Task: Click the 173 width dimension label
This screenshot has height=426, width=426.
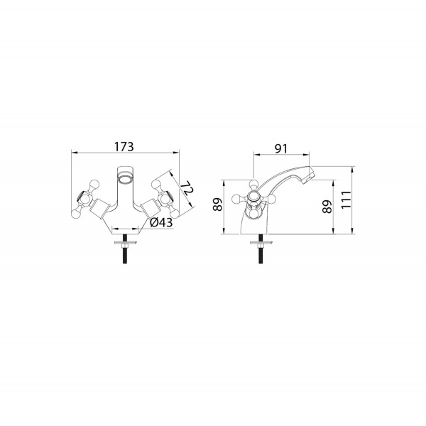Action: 124,147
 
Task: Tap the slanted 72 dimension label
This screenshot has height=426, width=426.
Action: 187,187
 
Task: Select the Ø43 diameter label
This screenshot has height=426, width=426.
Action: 161,222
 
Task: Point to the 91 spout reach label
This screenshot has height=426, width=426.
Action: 280,148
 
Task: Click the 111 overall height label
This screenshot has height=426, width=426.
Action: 346,200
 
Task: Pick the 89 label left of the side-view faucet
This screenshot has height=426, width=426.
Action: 218,204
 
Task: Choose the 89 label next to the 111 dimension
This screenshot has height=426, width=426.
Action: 327,207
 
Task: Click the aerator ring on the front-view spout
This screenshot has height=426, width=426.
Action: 126,180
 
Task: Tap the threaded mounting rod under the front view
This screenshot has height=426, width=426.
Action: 125,249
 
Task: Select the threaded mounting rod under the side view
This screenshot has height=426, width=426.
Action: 261,249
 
